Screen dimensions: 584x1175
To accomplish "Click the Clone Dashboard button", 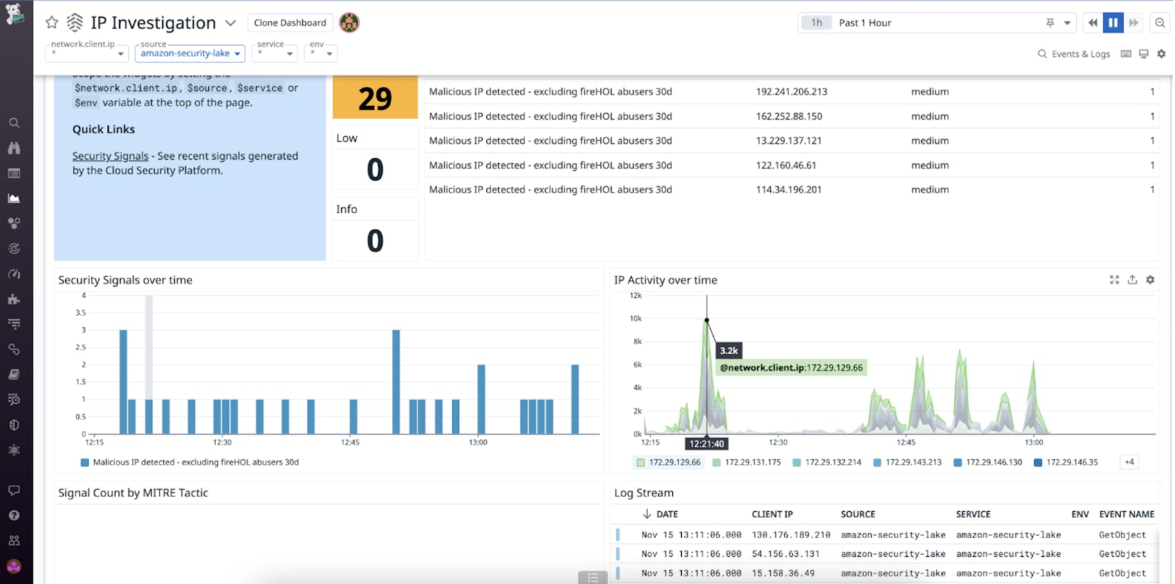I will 289,23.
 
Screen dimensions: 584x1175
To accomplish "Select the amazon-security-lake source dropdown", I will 189,53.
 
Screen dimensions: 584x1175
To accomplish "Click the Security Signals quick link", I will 110,156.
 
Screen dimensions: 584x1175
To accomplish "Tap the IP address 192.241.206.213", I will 791,92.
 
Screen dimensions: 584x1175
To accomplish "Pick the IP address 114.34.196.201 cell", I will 789,190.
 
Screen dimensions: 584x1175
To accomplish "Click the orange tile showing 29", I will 375,99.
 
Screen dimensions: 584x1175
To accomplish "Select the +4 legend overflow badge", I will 1129,462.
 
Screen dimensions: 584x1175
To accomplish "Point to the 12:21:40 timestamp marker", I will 707,444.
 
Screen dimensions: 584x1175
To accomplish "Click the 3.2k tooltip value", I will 728,351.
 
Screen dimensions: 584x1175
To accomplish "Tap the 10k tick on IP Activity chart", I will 635,319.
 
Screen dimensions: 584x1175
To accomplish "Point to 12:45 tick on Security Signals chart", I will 350,442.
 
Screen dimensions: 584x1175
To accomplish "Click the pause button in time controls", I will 1113,23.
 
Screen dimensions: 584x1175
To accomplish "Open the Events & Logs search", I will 1074,54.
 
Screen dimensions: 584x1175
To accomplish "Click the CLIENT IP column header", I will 772,515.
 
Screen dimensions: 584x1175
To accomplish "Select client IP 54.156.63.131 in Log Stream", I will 785,554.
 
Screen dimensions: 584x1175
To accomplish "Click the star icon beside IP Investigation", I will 52,23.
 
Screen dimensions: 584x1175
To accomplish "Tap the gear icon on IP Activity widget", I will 1150,280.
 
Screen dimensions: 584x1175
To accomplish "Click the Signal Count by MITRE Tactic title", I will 133,493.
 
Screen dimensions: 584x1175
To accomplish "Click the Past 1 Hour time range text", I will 865,23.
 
